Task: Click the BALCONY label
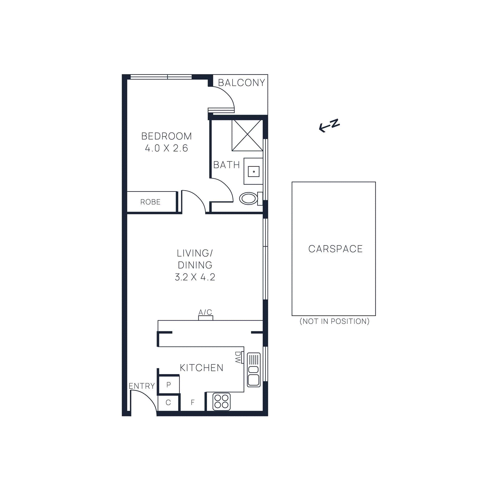tap(241, 83)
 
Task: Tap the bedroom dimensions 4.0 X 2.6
tap(167, 148)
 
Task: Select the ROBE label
tap(150, 202)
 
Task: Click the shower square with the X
tap(247, 136)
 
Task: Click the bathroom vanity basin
tap(254, 171)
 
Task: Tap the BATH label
tap(226, 165)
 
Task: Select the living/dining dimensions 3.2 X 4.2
tap(195, 277)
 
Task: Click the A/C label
tap(205, 312)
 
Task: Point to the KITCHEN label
tap(201, 368)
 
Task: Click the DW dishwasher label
tap(238, 358)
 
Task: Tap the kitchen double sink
tap(254, 370)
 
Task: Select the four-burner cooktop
tap(222, 402)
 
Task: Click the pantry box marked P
tap(169, 385)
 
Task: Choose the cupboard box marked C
tap(168, 403)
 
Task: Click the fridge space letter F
tap(193, 402)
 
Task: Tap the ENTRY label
tap(142, 386)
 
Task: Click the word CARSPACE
tap(335, 249)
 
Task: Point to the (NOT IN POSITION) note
tap(334, 321)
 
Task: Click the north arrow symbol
tap(329, 125)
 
